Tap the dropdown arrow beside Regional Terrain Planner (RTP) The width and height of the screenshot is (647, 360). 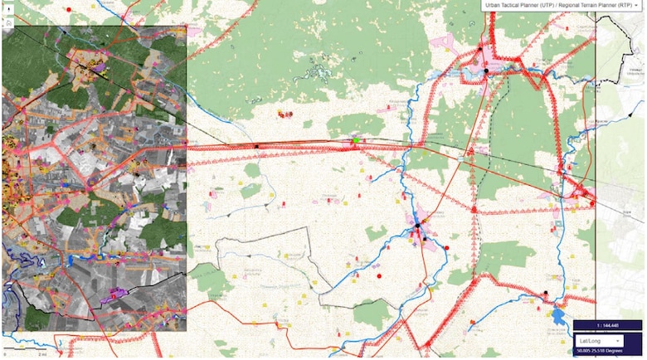[x=639, y=4]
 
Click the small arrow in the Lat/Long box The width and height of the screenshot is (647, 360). [x=616, y=340]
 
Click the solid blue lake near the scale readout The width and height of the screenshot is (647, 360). [x=558, y=317]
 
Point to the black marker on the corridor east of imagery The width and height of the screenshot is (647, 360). [x=256, y=147]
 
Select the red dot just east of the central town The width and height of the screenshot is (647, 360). [x=447, y=247]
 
